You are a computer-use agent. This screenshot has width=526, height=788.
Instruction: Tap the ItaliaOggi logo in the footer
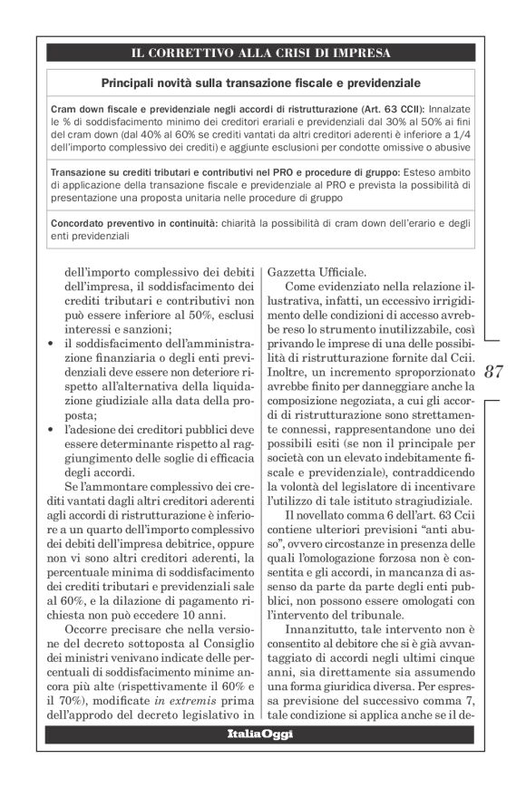(x=259, y=732)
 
